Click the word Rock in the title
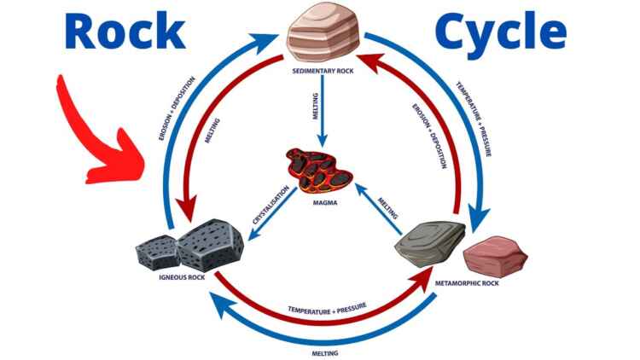coord(124,32)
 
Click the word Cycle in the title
coord(500,32)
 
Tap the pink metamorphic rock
coord(489,254)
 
